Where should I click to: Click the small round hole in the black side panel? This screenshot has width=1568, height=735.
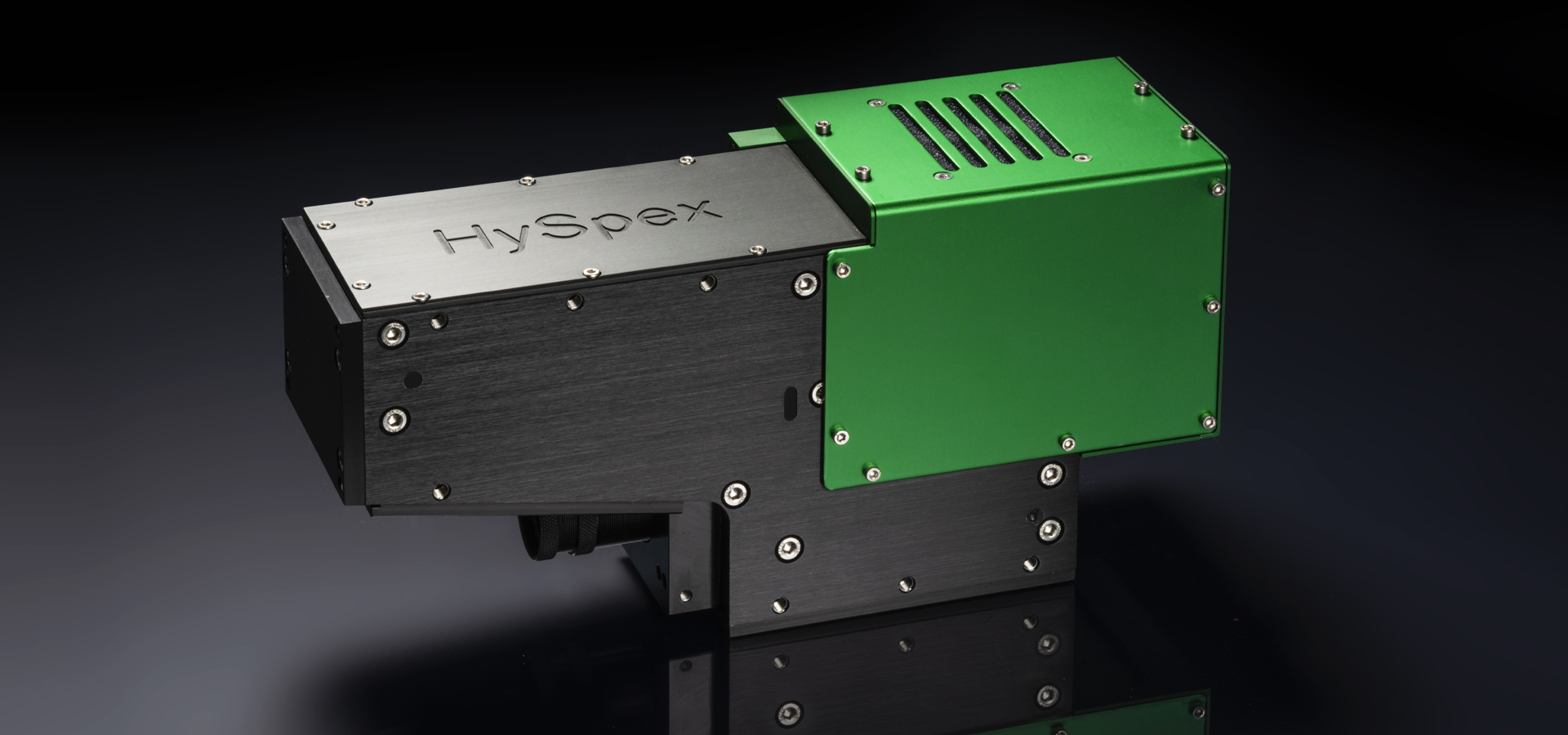coord(414,379)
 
